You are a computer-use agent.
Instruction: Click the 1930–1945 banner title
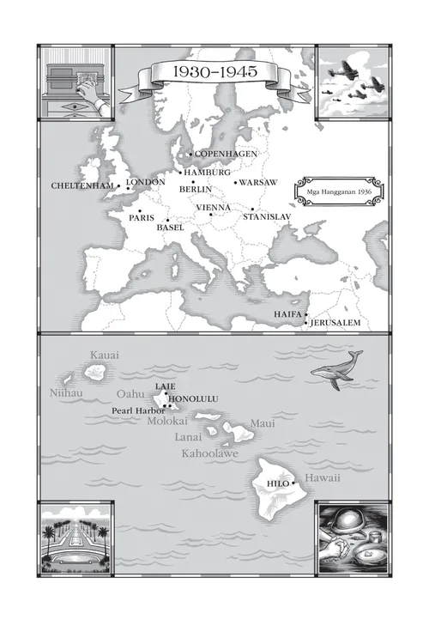214,73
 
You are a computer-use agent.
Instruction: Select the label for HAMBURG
208,173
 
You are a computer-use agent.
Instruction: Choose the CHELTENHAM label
82,185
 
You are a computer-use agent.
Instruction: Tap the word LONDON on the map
146,183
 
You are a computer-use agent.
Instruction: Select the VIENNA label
213,208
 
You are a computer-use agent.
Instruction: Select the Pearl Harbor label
138,410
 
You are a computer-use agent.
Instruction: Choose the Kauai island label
105,355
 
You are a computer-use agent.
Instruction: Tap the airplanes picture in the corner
353,82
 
